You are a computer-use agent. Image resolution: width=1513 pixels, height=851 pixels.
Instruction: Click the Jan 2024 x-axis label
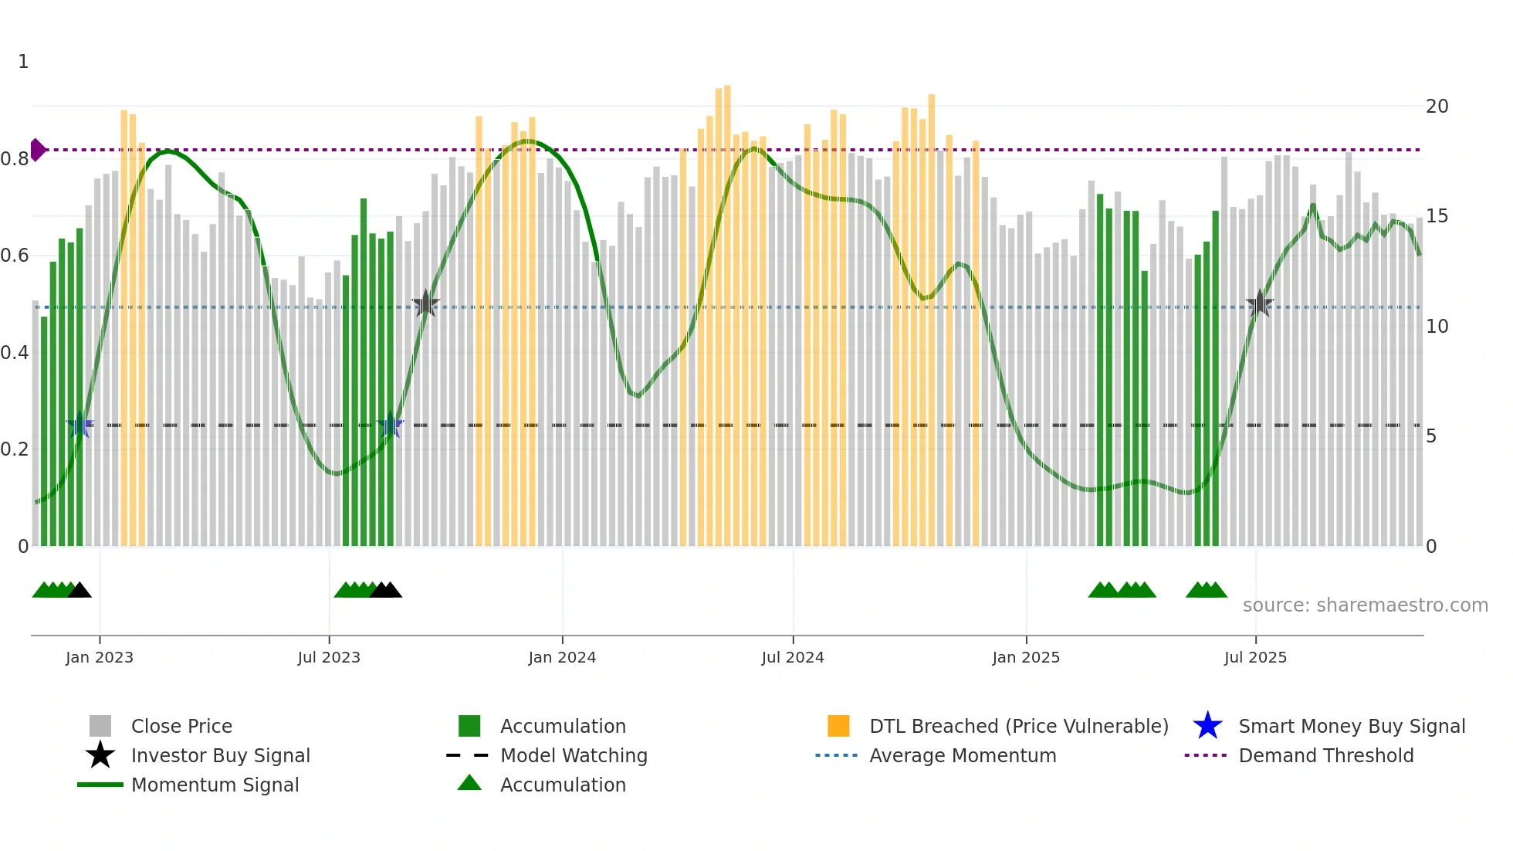pyautogui.click(x=562, y=657)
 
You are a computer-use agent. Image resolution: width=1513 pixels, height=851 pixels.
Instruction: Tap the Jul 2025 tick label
pyautogui.click(x=1255, y=657)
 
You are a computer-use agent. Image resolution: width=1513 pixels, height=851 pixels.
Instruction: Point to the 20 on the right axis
pyautogui.click(x=1437, y=107)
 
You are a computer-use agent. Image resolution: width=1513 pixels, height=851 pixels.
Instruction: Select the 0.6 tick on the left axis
pyautogui.click(x=15, y=256)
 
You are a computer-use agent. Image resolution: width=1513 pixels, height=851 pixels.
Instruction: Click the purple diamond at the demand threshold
pyautogui.click(x=37, y=150)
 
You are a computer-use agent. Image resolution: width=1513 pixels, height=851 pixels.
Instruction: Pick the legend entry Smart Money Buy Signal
pyautogui.click(x=1351, y=726)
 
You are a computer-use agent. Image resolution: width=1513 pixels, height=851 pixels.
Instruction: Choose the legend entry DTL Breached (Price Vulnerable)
pyautogui.click(x=1018, y=726)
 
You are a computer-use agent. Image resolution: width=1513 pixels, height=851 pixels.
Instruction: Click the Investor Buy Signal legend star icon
pyautogui.click(x=100, y=755)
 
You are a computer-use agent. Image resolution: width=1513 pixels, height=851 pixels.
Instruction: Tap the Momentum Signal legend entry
pyautogui.click(x=215, y=785)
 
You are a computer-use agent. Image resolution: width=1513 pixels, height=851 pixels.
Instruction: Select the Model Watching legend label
pyautogui.click(x=574, y=755)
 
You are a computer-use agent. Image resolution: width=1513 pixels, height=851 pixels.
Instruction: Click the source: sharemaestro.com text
pyautogui.click(x=1365, y=605)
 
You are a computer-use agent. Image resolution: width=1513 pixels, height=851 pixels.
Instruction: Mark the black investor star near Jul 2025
pyautogui.click(x=1260, y=303)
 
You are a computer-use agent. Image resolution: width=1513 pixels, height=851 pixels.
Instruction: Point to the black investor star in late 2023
pyautogui.click(x=425, y=303)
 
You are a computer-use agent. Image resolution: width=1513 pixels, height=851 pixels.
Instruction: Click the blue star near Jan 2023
pyautogui.click(x=80, y=425)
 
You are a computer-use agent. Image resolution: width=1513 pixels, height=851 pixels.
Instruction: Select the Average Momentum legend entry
pyautogui.click(x=962, y=755)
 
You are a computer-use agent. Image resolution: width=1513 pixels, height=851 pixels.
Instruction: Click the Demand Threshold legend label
pyautogui.click(x=1325, y=755)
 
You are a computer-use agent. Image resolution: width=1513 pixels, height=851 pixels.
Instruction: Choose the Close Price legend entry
pyautogui.click(x=181, y=726)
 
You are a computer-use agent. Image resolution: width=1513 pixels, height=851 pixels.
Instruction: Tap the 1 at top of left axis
pyautogui.click(x=23, y=62)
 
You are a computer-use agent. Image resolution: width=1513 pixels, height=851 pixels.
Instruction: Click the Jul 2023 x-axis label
pyautogui.click(x=329, y=657)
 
